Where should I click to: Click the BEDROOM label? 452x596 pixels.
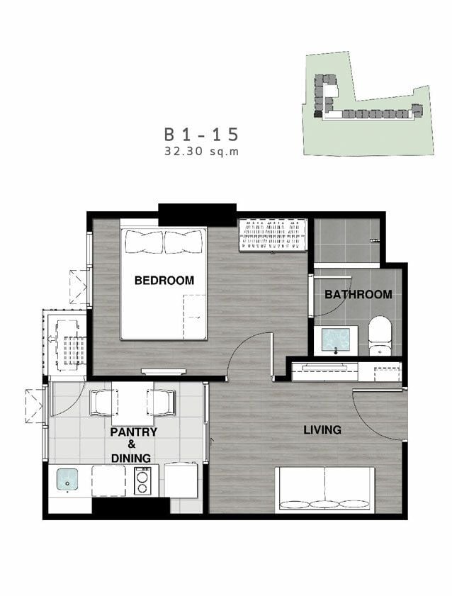tap(164, 281)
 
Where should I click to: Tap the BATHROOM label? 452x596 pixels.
tap(358, 294)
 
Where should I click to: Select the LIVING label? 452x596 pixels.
tap(322, 430)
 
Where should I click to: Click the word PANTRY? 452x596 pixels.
tap(133, 432)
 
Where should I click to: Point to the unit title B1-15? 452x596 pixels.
tap(201, 135)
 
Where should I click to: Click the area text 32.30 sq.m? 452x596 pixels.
tap(202, 152)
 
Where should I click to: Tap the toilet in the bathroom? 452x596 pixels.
tap(380, 336)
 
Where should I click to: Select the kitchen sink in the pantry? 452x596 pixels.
tap(67, 479)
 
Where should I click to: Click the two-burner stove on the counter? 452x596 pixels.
tap(142, 480)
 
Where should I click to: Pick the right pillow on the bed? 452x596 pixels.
tap(183, 242)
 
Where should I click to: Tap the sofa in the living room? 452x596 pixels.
tap(324, 490)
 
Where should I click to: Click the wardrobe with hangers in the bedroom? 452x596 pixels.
tap(273, 235)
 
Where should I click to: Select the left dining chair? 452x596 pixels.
tap(101, 403)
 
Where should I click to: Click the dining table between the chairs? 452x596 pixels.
tap(132, 404)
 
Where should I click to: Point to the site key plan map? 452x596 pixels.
tap(368, 103)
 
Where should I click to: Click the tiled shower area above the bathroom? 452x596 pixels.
tap(346, 240)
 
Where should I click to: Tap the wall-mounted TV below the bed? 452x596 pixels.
tap(164, 371)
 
